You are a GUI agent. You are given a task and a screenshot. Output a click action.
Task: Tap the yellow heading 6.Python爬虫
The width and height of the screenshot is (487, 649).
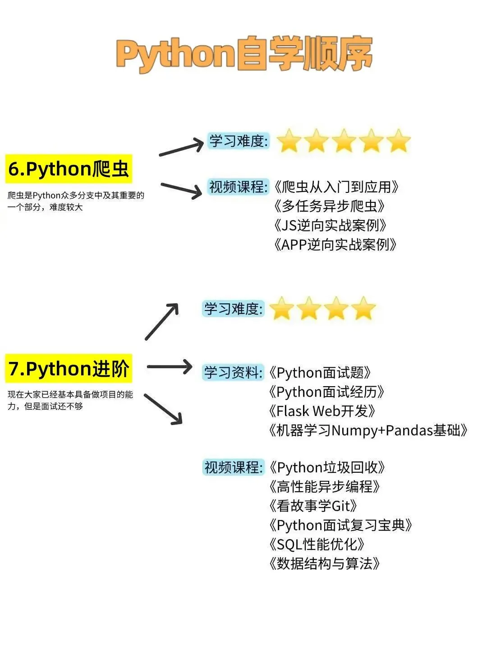point(69,169)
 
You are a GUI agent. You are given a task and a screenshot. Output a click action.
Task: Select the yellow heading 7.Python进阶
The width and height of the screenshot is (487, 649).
point(69,369)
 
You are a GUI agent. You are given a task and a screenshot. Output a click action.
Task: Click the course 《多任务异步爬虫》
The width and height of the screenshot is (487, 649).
point(329,206)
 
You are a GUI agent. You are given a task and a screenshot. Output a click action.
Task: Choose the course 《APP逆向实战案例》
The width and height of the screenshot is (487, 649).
point(335,245)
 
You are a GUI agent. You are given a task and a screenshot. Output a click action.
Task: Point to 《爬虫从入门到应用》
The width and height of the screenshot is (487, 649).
point(336,187)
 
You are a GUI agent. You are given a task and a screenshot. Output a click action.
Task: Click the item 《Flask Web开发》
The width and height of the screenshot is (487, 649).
point(322,411)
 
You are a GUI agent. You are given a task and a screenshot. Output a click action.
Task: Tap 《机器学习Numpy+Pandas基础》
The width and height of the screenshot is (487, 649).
point(368,430)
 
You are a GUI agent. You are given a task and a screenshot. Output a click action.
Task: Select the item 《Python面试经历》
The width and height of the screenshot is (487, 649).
point(326,392)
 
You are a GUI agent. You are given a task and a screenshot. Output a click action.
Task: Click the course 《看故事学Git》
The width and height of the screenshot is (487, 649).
point(313,506)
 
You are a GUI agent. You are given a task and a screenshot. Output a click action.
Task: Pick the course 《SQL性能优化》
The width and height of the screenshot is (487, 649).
point(316,544)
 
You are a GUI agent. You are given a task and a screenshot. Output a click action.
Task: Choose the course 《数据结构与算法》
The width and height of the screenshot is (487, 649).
point(324,563)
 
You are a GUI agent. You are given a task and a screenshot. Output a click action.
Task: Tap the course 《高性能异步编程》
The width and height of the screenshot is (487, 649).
point(324,486)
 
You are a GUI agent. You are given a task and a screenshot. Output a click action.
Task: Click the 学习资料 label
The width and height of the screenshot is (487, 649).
point(233,372)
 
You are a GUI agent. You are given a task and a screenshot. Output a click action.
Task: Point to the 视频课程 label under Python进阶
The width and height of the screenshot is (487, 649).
point(233,467)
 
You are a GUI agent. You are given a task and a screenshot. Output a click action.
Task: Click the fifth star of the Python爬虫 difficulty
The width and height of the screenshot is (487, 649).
point(399,141)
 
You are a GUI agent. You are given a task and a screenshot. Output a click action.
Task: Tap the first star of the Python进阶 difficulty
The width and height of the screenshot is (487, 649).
point(281,309)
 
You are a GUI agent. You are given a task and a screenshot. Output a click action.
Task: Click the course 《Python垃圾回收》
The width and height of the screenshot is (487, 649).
point(326,467)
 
